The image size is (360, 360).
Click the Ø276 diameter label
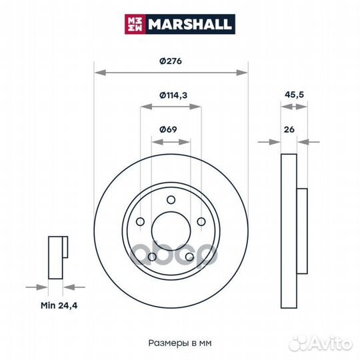click(171, 61)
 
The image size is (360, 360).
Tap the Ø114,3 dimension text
click(173, 95)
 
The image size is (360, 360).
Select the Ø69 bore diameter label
click(168, 129)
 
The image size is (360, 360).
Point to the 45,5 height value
click(294, 95)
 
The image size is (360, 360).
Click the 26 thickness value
click(289, 129)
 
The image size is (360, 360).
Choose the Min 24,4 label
click(59, 305)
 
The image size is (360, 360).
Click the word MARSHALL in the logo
click(189, 24)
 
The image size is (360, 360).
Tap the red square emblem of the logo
click(135, 24)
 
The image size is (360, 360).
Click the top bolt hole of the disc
click(171, 200)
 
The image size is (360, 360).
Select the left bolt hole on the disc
click(140, 222)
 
